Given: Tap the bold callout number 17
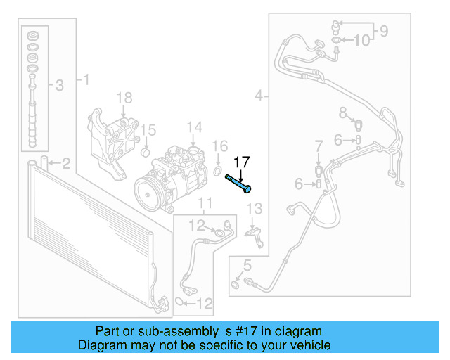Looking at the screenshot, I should tap(241, 162).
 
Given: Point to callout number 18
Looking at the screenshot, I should tap(124, 98).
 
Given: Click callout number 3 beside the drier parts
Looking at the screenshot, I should tap(60, 86).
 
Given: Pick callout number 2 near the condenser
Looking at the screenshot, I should tap(65, 165).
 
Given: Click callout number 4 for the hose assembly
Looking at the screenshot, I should tap(259, 95).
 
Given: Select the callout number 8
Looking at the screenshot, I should tap(343, 112).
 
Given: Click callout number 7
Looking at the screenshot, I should tap(319, 146).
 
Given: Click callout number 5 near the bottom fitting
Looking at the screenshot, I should tap(247, 265).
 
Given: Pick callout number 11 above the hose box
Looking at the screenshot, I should tap(204, 205).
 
